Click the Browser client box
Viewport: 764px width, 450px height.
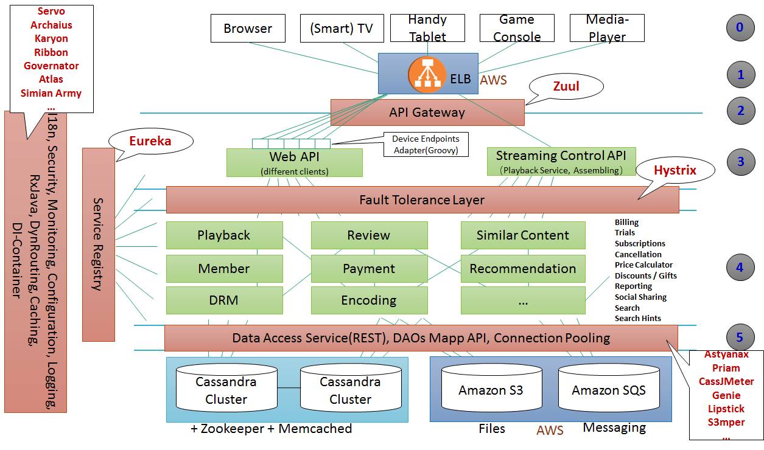248,29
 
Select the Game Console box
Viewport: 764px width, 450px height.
517,29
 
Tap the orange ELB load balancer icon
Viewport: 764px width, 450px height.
428,78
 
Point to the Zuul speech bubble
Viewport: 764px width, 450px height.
566,87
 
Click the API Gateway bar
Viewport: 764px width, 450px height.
427,112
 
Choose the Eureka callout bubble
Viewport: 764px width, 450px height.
150,142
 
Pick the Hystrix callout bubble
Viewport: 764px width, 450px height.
675,171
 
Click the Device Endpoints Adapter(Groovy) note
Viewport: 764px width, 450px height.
426,145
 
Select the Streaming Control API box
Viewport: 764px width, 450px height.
561,161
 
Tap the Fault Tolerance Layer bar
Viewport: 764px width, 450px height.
422,199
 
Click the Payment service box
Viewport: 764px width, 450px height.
369,269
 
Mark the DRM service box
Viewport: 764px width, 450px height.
224,300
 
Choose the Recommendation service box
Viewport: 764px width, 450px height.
522,269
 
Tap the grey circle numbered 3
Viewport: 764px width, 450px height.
740,162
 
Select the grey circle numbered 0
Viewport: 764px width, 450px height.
740,27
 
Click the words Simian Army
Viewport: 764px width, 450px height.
51,93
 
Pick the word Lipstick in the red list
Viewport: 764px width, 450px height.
726,409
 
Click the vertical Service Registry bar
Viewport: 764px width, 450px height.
98,244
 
